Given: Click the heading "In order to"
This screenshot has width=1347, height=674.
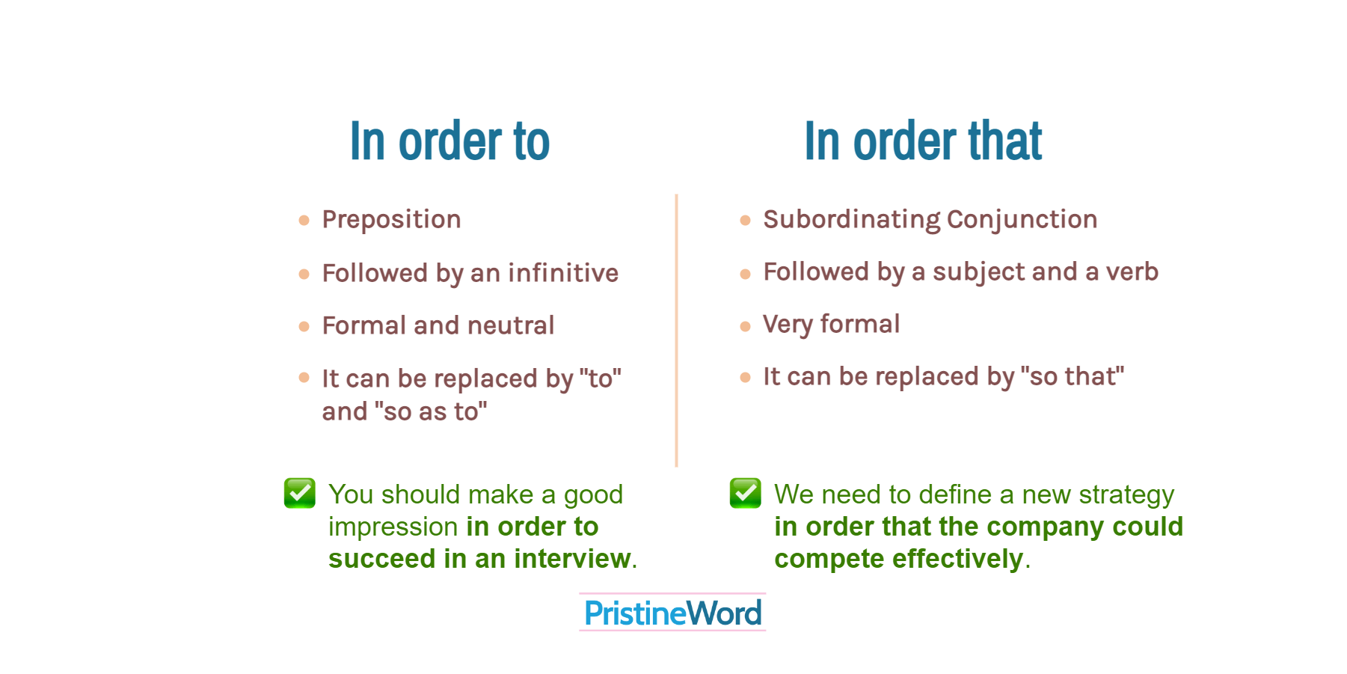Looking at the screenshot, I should point(449,141).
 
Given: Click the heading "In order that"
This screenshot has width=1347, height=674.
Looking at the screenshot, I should point(922,141).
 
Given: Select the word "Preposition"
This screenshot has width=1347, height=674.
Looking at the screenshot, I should point(391,220).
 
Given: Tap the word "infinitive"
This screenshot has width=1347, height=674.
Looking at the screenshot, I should point(563,274).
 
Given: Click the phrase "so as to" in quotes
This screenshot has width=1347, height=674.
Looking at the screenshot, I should point(430,411).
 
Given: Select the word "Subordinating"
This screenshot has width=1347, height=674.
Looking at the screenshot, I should point(851,220).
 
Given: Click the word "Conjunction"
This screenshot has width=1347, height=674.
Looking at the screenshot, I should point(1022,220).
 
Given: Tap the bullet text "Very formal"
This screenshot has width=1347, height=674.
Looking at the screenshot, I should point(831,325).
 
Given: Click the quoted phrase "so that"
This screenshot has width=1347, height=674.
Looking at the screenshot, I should point(1072,376).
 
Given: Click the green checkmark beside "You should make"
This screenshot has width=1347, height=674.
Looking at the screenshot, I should point(300,493).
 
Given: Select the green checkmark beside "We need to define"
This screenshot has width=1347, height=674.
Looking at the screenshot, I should point(746,493).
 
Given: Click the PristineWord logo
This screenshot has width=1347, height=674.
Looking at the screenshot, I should point(672,613).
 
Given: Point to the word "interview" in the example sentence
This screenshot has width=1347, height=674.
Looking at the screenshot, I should point(572,559).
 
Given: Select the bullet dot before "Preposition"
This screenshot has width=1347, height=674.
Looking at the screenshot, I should point(304,221).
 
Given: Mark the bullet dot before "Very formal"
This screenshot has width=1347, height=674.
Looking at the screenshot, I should point(745,326).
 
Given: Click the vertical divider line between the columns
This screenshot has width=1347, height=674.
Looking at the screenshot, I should point(676,329).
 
